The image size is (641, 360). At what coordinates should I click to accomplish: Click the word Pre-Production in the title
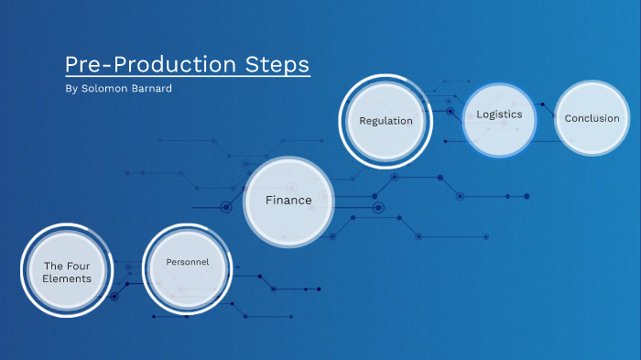(x=146, y=65)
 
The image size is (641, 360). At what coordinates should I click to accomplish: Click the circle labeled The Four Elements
(x=67, y=271)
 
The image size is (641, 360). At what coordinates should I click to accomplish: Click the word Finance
(x=288, y=200)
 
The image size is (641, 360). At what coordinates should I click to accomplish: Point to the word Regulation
(x=386, y=120)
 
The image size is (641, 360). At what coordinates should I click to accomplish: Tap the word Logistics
(x=499, y=115)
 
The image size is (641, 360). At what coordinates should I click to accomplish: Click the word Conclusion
(x=592, y=118)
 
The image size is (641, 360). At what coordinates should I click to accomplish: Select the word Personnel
(x=187, y=262)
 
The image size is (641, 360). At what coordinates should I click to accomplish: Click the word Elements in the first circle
(x=67, y=278)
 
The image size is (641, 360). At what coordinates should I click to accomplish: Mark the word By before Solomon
(x=72, y=90)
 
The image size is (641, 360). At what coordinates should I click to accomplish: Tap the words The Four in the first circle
(x=67, y=266)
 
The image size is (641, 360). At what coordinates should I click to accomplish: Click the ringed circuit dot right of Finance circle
(x=378, y=208)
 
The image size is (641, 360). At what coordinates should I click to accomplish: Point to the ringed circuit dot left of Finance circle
(x=226, y=207)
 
